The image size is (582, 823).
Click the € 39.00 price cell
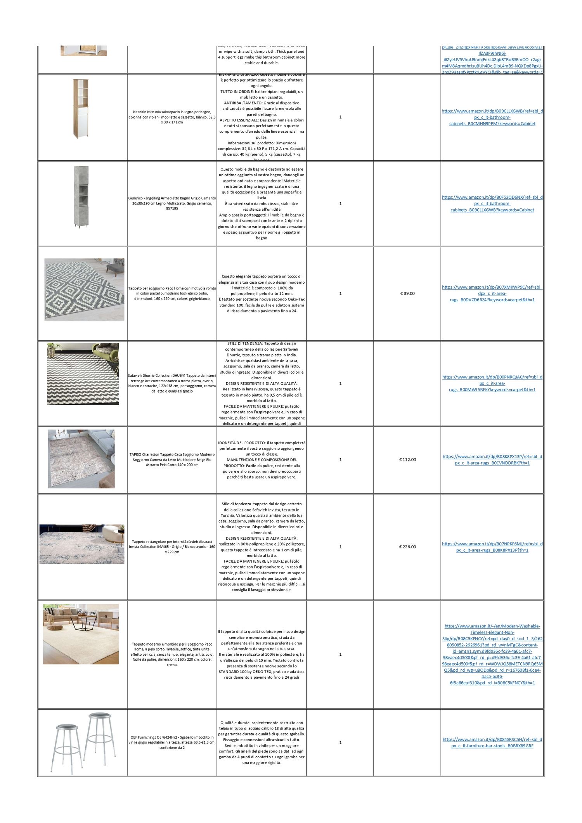click(x=407, y=293)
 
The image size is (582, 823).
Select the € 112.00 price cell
click(x=407, y=459)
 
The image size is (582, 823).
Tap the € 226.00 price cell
click(x=407, y=547)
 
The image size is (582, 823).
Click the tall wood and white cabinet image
click(x=81, y=109)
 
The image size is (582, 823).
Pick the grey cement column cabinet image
click(x=81, y=196)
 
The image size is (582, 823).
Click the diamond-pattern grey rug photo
click(x=84, y=289)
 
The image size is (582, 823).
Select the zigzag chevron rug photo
click(x=83, y=374)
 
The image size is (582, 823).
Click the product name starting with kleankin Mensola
click(x=172, y=117)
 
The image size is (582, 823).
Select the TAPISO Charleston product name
click(x=172, y=459)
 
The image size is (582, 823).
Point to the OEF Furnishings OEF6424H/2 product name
click(x=172, y=742)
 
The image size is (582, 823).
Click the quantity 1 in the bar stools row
click(x=340, y=742)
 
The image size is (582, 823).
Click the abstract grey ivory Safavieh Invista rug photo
click(x=82, y=544)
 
